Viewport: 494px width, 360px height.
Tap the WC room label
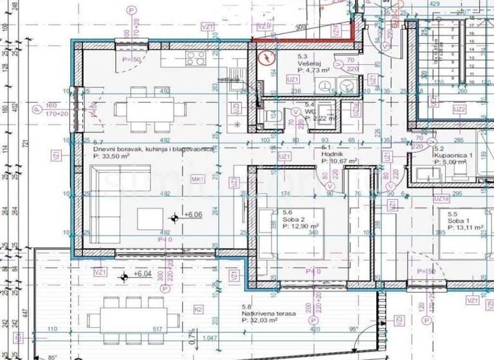(x=310, y=111)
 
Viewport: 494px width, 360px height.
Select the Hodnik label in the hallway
(x=332, y=154)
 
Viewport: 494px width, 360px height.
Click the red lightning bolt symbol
(x=264, y=58)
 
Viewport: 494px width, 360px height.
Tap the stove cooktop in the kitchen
(x=194, y=59)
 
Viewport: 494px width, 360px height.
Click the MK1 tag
(x=198, y=179)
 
